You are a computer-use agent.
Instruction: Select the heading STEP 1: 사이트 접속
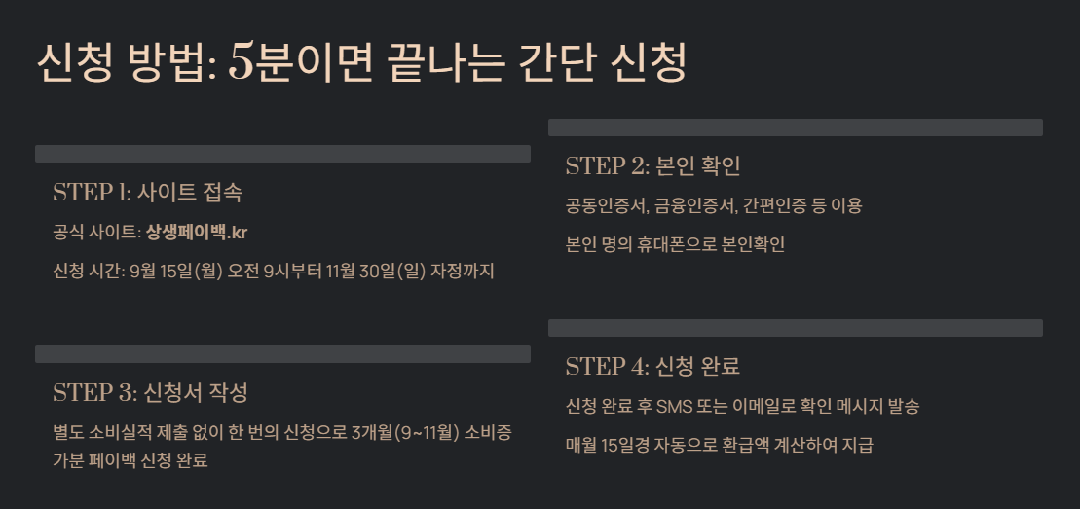pos(147,192)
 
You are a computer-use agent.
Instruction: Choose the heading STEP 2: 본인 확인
pos(652,165)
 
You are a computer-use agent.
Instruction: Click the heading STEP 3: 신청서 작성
pos(150,393)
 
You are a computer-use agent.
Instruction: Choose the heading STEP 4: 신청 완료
pos(652,367)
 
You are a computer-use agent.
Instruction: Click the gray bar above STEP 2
pos(795,127)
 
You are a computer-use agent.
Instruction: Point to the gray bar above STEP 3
pos(282,354)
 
